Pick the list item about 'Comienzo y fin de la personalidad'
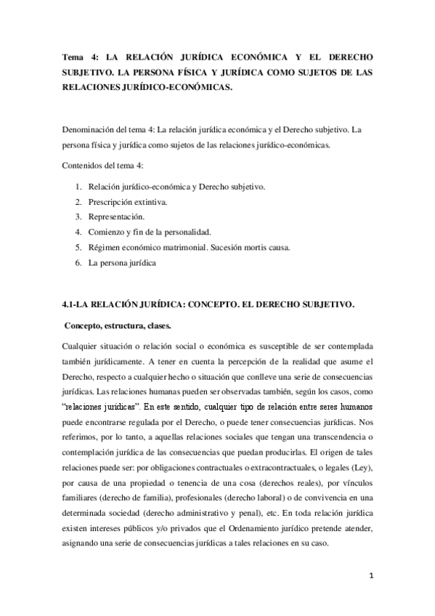(x=149, y=232)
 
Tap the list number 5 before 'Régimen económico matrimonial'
(x=78, y=247)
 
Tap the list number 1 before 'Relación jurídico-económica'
(x=78, y=187)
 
